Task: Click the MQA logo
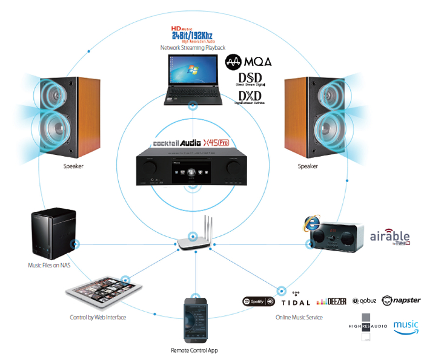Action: coord(248,62)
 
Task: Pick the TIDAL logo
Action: coord(296,301)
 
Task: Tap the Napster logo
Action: coord(402,300)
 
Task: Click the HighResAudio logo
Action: coord(369,326)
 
